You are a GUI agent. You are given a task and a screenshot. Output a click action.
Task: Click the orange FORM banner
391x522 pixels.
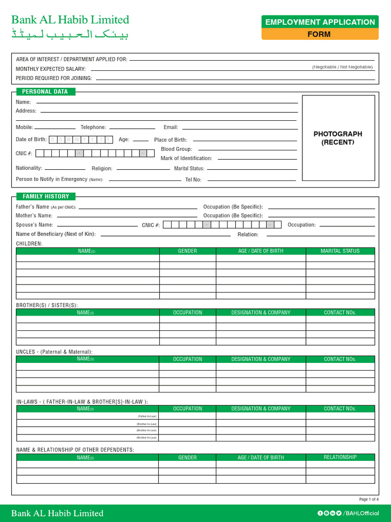pos(319,34)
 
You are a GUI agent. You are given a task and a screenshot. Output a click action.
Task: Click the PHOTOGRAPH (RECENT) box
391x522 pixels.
pos(338,138)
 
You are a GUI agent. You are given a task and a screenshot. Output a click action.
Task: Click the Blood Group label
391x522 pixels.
pos(176,149)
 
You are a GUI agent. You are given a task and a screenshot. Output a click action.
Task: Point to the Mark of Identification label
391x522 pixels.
pos(186,159)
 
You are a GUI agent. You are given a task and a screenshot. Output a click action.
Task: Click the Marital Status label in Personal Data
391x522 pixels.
pos(189,169)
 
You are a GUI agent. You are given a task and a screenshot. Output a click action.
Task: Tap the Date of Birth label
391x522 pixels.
pos(31,140)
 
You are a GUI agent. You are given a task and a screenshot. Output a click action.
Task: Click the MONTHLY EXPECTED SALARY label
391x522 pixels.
pos(50,69)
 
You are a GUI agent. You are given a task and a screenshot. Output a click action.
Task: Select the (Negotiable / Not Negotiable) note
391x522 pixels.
pos(342,67)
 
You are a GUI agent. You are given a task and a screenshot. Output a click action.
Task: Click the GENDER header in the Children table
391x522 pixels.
pos(187,251)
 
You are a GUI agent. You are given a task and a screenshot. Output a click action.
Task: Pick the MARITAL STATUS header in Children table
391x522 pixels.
pos(340,251)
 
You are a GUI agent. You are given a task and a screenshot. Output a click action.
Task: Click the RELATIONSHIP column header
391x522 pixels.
pos(340,457)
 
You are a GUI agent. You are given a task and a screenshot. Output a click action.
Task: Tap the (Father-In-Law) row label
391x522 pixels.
pos(147,416)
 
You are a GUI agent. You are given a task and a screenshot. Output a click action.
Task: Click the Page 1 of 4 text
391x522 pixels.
pos(369,499)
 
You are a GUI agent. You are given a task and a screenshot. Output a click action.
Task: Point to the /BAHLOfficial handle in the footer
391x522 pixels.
pos(361,513)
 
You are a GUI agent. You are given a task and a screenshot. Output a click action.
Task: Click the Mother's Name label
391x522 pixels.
pos(34,216)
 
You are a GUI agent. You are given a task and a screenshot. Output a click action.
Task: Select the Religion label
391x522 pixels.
pos(102,169)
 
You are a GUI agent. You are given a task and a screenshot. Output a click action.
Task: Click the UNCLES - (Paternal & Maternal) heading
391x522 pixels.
pos(54,352)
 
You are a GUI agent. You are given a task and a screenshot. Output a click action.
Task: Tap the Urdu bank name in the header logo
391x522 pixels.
pos(70,35)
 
